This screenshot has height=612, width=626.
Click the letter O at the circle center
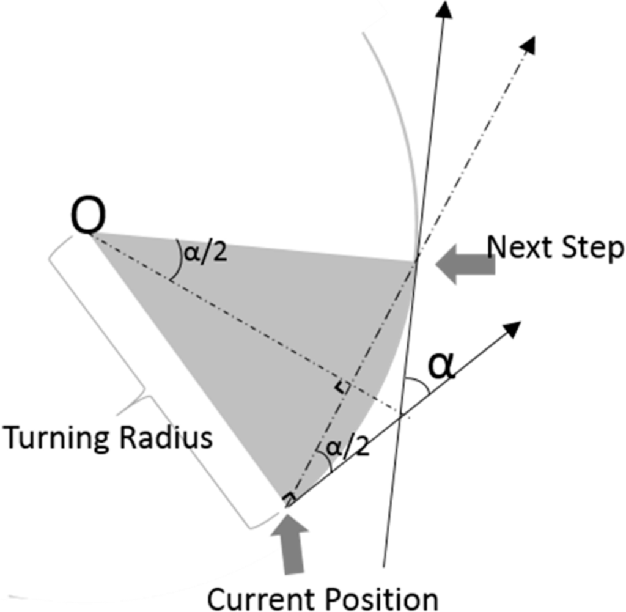coord(89,218)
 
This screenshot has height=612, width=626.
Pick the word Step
coord(593,249)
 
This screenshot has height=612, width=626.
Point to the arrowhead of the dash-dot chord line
coord(529,43)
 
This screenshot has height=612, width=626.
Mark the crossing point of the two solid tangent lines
coord(400,416)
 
